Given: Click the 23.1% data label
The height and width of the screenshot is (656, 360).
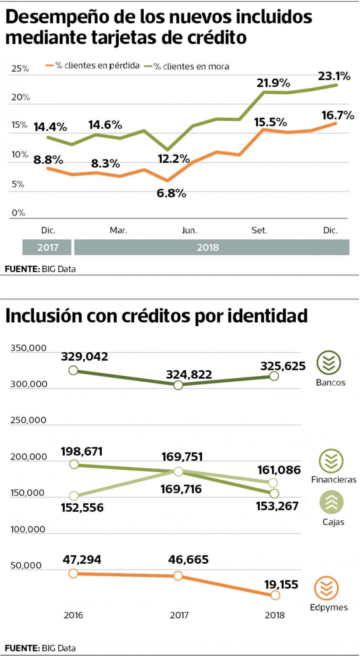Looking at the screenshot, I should tap(334, 76).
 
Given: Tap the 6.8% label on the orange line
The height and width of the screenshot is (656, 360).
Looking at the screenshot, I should tap(171, 194).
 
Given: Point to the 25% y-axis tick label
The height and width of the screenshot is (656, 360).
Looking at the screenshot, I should tap(20, 69).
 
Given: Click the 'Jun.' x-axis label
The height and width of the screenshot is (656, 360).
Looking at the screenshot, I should tap(190, 231).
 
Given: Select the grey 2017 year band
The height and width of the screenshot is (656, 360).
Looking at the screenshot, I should tap(47, 247).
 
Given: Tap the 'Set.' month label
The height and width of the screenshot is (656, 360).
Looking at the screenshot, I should tap(259, 231).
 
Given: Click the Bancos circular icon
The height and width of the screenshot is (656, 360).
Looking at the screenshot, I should tap(329, 362).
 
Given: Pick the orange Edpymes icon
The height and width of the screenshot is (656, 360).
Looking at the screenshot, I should tap(326, 588).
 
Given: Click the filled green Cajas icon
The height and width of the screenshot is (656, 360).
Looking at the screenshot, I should tap(331, 502).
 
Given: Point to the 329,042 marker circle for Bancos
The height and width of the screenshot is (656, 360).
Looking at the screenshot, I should tap(73, 370).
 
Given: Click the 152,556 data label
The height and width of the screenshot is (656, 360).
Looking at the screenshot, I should tap(82, 508).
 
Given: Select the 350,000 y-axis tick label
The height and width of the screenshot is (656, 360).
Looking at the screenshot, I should tap(28, 348).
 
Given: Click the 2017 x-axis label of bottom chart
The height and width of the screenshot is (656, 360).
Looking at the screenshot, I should tap(179, 615).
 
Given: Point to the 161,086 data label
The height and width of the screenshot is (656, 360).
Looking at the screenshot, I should tap(279, 470).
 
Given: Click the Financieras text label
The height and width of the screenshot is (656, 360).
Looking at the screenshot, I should tap(333, 480).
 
